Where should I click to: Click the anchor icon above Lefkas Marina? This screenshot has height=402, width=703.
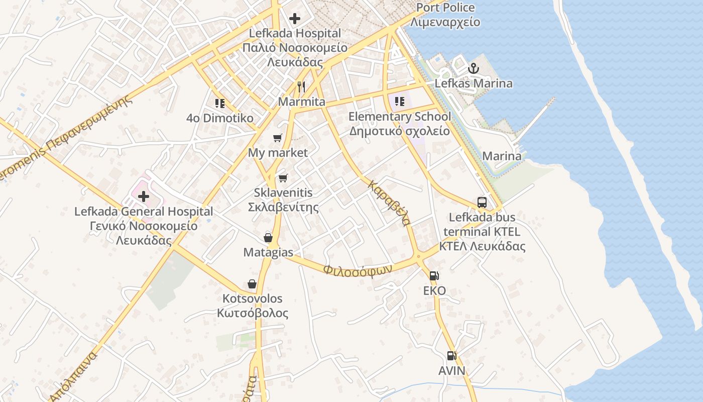tap(473, 68)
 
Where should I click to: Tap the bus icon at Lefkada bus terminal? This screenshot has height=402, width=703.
tap(482, 203)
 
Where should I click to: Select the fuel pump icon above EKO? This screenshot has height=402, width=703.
tap(434, 275)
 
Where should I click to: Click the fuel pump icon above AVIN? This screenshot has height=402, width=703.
tap(452, 356)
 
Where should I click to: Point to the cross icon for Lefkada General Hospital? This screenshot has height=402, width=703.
tap(144, 196)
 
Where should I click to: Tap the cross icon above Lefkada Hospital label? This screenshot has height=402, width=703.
tap(295, 19)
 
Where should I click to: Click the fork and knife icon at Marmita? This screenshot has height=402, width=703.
tap(301, 86)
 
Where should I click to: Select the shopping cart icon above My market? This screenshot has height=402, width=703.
tap(278, 138)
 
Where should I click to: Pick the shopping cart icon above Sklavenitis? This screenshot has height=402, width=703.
tap(283, 178)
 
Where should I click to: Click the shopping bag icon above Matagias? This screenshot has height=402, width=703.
tap(268, 237)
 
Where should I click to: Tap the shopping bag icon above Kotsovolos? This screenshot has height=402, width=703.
tap(252, 284)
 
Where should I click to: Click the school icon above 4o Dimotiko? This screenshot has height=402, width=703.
tap(220, 104)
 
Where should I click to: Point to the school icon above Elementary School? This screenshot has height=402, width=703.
tap(400, 102)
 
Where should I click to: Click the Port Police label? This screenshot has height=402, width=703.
tap(445, 8)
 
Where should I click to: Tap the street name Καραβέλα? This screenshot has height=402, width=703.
tap(390, 203)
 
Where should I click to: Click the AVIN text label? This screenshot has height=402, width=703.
tap(452, 371)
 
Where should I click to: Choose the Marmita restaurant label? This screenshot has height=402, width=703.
tap(302, 102)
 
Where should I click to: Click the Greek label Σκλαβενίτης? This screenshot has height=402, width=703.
tap(283, 207)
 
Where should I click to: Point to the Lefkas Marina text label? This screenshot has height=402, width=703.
tap(474, 83)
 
